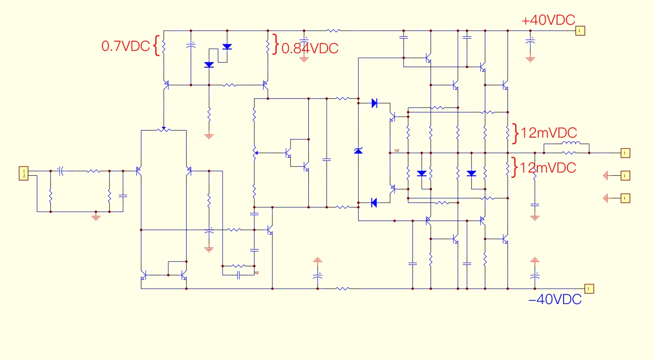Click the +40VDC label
(548, 21)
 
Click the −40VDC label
(555, 299)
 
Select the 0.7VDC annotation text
(126, 46)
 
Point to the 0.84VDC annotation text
(310, 48)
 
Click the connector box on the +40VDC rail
(579, 31)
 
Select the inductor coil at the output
(571, 144)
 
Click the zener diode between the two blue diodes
(358, 151)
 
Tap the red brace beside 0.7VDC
(157, 46)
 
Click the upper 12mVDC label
(549, 132)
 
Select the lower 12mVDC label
(549, 167)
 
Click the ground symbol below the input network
(96, 216)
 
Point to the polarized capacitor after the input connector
(61, 171)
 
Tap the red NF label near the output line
(397, 151)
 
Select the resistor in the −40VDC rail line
(342, 289)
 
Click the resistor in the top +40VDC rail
(333, 31)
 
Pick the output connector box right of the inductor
(625, 152)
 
